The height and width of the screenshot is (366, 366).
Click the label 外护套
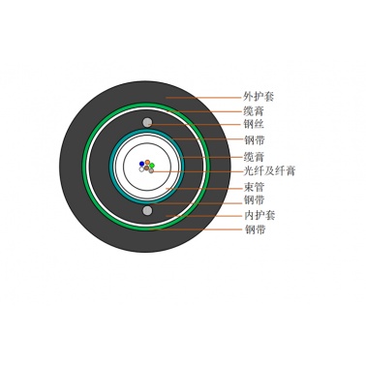pyautogui.click(x=259, y=97)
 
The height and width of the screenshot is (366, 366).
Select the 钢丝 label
pyautogui.click(x=254, y=124)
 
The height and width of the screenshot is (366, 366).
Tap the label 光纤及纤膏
pyautogui.click(x=269, y=170)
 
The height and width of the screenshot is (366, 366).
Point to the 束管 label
pyautogui.click(x=254, y=187)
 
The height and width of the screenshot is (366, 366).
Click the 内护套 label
pyautogui.click(x=259, y=215)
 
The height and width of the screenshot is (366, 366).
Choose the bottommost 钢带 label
pyautogui.click(x=255, y=229)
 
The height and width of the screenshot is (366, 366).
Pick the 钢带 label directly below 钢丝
pyautogui.click(x=254, y=140)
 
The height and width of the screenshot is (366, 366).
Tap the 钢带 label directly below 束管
pyautogui.click(x=254, y=199)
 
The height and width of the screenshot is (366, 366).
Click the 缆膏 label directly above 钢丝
pyautogui.click(x=254, y=111)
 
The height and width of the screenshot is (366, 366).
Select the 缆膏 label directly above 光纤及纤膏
pyautogui.click(x=254, y=157)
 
